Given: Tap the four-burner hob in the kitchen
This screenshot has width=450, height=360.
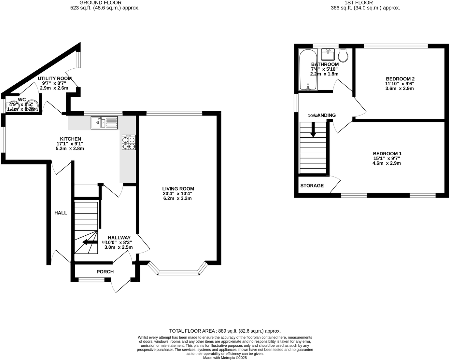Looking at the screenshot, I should pos(129,143).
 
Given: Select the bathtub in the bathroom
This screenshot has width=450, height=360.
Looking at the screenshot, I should pos(308,70).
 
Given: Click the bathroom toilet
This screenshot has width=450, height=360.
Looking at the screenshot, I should pos(343,55).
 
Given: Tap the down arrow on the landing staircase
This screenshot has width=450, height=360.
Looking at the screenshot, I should pos(313,130).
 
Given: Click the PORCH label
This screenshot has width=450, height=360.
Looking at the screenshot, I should pos(105,272).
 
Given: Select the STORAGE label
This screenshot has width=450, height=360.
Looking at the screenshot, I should pos(312,186).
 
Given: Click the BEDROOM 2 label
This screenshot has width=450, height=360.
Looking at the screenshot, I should pos(400,79).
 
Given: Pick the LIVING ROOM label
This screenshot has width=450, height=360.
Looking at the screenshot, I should pos(178,189).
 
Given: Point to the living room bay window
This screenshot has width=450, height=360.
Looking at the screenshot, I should pos(178,273).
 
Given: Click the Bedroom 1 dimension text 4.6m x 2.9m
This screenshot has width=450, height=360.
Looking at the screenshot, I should pos(387,163).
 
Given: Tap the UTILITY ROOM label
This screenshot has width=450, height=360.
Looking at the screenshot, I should pos(54,78).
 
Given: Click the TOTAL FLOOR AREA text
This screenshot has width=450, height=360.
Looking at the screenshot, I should pos(225,331).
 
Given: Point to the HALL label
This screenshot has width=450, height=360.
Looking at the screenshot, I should pos(61,213).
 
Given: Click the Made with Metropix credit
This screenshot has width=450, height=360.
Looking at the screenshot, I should pos(225,357).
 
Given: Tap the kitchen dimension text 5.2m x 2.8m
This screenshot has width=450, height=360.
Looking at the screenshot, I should pos(70,148).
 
